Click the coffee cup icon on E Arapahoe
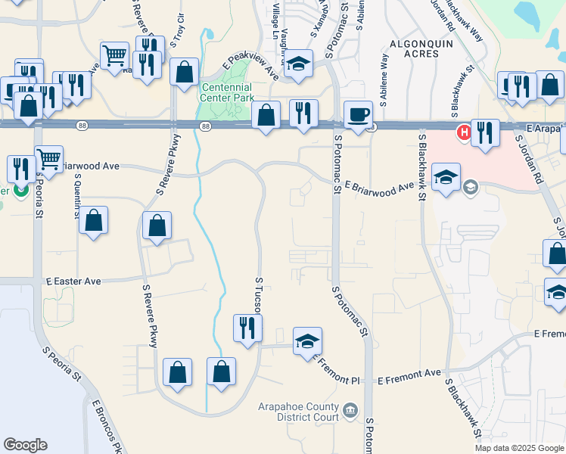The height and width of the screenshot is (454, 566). [x=359, y=115]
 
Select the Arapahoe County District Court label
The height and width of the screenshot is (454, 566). [x=301, y=412]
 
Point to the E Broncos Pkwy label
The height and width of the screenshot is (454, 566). [x=107, y=428]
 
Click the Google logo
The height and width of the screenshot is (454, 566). [x=25, y=445]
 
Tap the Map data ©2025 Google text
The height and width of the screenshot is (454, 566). [x=518, y=448]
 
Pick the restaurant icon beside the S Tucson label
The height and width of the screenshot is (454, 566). [x=247, y=328]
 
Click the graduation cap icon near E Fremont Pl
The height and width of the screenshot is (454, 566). [x=307, y=341]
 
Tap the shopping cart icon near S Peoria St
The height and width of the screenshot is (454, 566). [x=48, y=159]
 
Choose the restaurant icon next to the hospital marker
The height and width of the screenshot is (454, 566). [x=485, y=133]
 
